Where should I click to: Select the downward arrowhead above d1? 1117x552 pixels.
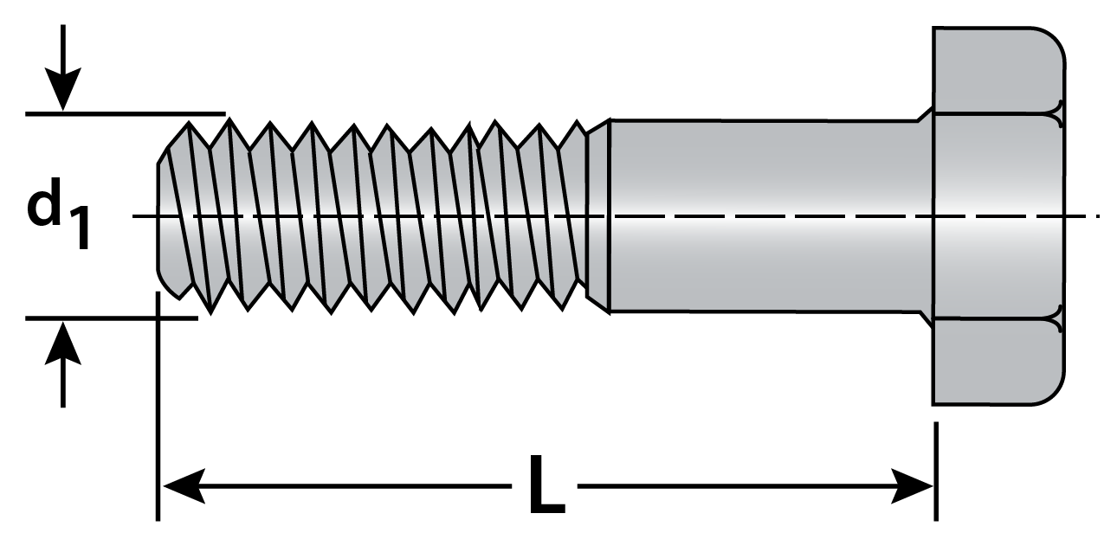tap(63, 92)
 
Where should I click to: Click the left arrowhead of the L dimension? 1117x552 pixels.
tap(182, 486)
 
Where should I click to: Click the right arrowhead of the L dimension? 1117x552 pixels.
tap(913, 486)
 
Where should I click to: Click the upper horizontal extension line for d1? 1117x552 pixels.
tap(126, 113)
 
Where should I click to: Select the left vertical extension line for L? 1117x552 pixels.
tap(158, 407)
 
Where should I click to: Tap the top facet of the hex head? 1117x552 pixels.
tap(996, 69)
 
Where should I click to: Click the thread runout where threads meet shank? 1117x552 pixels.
tap(597, 215)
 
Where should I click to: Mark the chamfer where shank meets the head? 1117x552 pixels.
tap(925, 115)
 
